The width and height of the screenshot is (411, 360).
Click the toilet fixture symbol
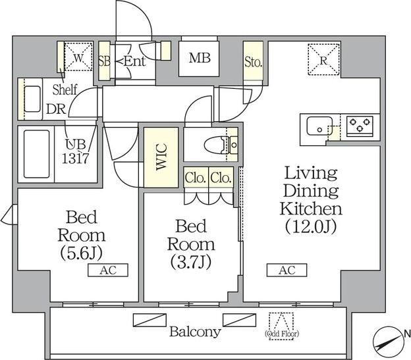click(221, 145)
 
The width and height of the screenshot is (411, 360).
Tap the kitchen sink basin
click(319, 126)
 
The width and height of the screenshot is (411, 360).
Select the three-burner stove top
click(360, 124)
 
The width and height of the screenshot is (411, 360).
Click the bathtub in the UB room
click(36, 154)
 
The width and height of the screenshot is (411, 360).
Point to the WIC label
click(161, 157)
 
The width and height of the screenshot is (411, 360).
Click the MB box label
click(200, 58)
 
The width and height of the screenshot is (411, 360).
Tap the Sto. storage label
click(253, 63)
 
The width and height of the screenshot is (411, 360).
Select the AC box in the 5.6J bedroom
click(108, 270)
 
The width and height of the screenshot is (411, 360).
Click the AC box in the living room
click(287, 270)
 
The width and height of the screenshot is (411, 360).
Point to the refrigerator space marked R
click(323, 60)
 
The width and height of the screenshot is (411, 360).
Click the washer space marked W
click(78, 56)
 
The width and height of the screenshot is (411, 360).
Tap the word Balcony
click(195, 332)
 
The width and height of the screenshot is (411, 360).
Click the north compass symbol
click(388, 342)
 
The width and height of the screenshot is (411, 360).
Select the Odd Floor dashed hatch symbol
click(281, 326)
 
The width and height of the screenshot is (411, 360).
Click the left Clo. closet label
click(195, 178)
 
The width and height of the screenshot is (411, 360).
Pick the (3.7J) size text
click(191, 262)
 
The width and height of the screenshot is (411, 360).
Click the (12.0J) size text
click(311, 226)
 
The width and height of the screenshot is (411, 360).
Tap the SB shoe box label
click(104, 61)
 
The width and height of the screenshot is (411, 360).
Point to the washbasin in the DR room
click(32, 99)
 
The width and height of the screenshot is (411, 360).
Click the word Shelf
click(65, 90)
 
